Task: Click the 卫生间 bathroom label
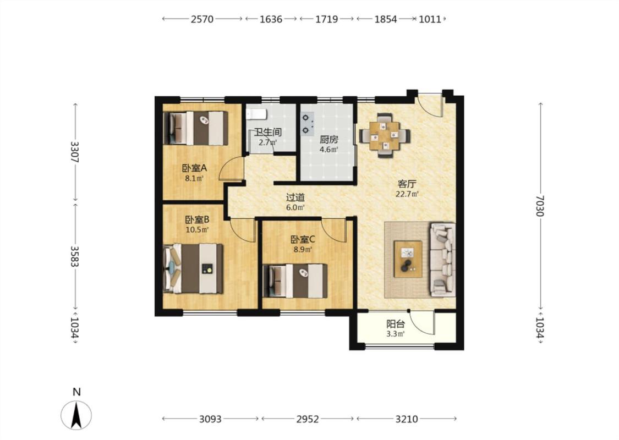click(267, 132)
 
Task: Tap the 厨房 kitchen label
click(329, 140)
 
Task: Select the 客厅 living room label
click(407, 184)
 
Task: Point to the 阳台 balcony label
click(396, 324)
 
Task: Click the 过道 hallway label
click(295, 197)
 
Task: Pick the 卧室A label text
click(194, 168)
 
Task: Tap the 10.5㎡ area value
click(197, 229)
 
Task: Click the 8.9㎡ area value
click(303, 249)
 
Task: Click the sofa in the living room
click(442, 260)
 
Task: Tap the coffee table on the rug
click(408, 259)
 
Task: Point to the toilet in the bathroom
click(256, 114)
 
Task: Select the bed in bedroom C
click(295, 281)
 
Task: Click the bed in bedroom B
click(194, 268)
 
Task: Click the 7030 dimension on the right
click(540, 206)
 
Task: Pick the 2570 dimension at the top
click(202, 19)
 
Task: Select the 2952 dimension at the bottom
click(308, 419)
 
